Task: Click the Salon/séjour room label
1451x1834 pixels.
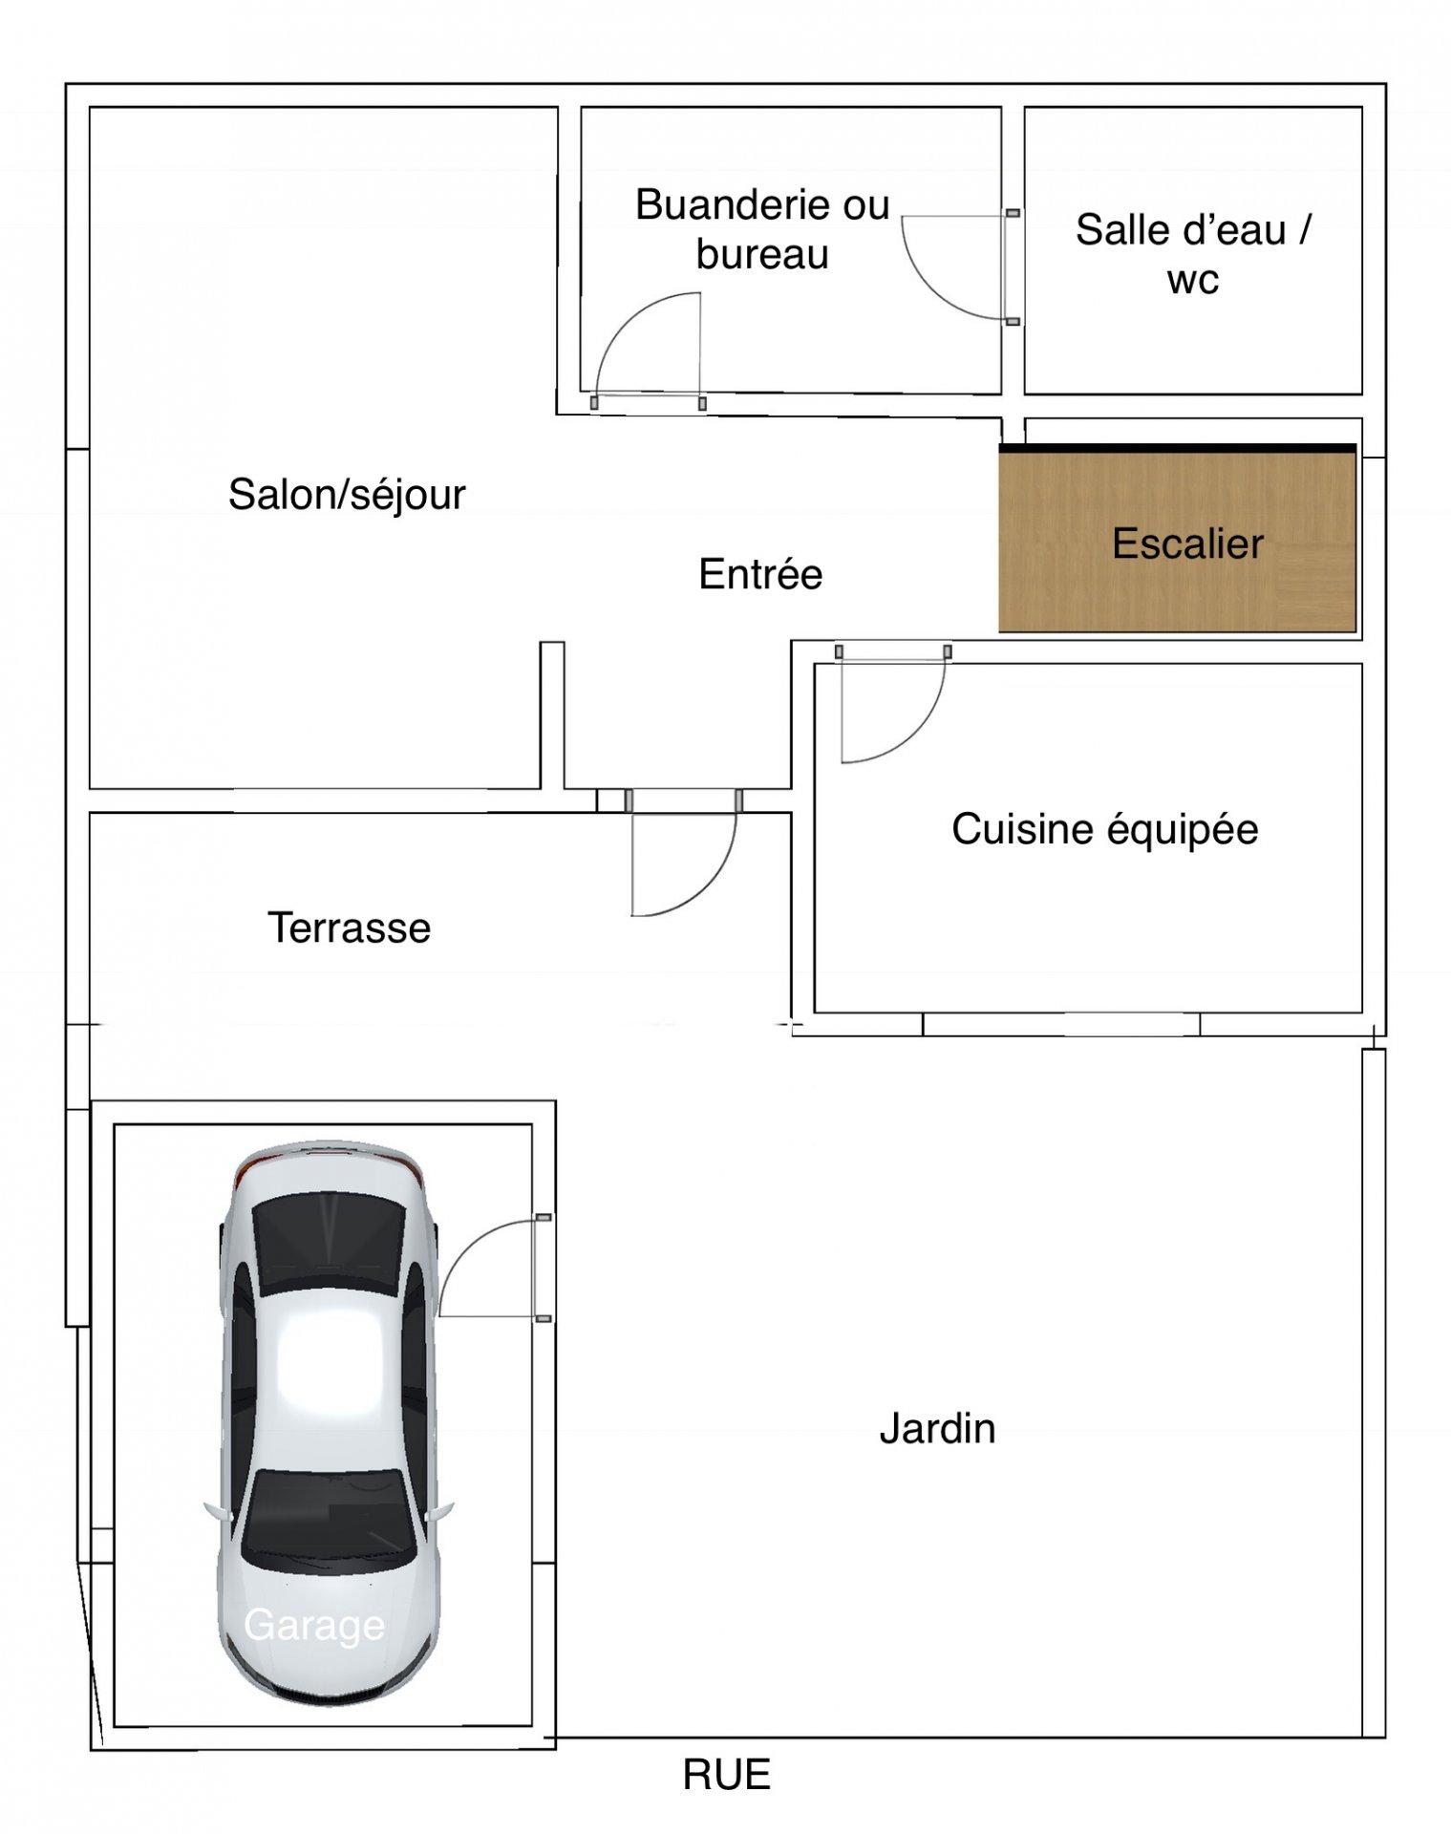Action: click(x=347, y=495)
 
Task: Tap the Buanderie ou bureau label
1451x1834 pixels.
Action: click(x=762, y=229)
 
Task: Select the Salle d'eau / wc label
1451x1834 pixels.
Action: click(x=1193, y=254)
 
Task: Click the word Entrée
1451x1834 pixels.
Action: click(x=760, y=574)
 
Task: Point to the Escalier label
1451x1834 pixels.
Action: click(x=1187, y=544)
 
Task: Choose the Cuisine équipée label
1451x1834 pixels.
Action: click(x=1105, y=829)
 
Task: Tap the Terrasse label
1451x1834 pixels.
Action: click(x=349, y=928)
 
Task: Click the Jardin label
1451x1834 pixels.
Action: click(x=937, y=1429)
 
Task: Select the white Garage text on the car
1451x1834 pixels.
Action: click(x=314, y=1625)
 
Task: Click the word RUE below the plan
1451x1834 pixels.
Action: click(x=726, y=1775)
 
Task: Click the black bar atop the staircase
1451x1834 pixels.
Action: click(x=1178, y=448)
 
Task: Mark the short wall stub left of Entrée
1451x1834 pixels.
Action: click(x=552, y=715)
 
